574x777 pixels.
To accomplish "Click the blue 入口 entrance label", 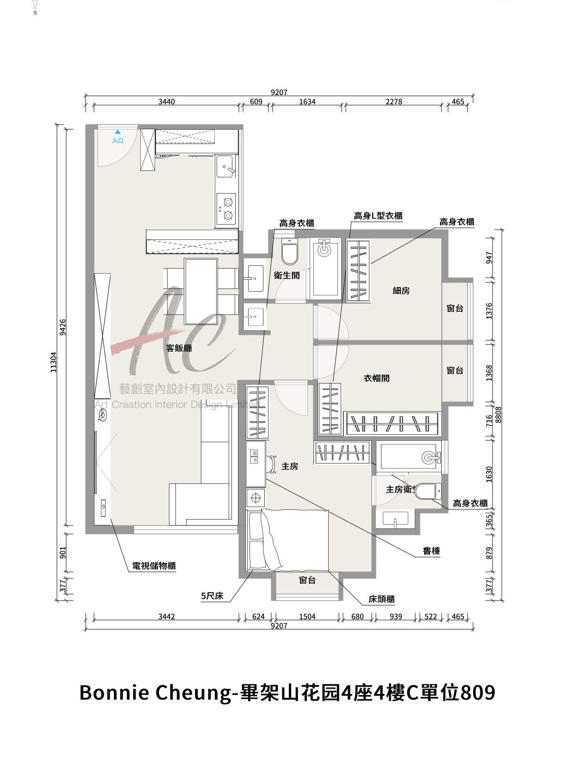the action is pos(118,140).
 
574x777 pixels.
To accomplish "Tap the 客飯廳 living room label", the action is pos(179,348).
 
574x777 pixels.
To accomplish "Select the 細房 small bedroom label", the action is pos(401,290).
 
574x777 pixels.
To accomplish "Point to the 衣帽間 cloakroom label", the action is pos(376,378).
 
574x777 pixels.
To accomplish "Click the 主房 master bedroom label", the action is pos(290,466).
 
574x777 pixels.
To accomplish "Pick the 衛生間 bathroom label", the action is pos(287,276).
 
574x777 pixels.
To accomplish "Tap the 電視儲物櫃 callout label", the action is pos(154,565).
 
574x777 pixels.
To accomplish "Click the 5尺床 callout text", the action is pos(212,595).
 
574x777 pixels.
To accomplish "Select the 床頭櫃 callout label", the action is pos(381,599).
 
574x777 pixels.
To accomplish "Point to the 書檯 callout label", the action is pos(431,551).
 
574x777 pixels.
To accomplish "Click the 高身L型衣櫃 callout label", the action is pos(378,215).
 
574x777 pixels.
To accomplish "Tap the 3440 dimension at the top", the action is pos(166,101).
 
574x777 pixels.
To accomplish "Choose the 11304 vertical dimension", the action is pos(53,362).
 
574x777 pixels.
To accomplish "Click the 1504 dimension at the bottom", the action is pos(307,617).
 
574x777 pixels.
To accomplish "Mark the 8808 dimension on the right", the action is pos(499,414).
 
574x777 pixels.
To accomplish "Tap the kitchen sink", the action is pos(225,166).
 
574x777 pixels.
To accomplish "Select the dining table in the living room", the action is pos(201,292).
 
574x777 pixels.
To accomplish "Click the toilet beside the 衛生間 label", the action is pos(290,251).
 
